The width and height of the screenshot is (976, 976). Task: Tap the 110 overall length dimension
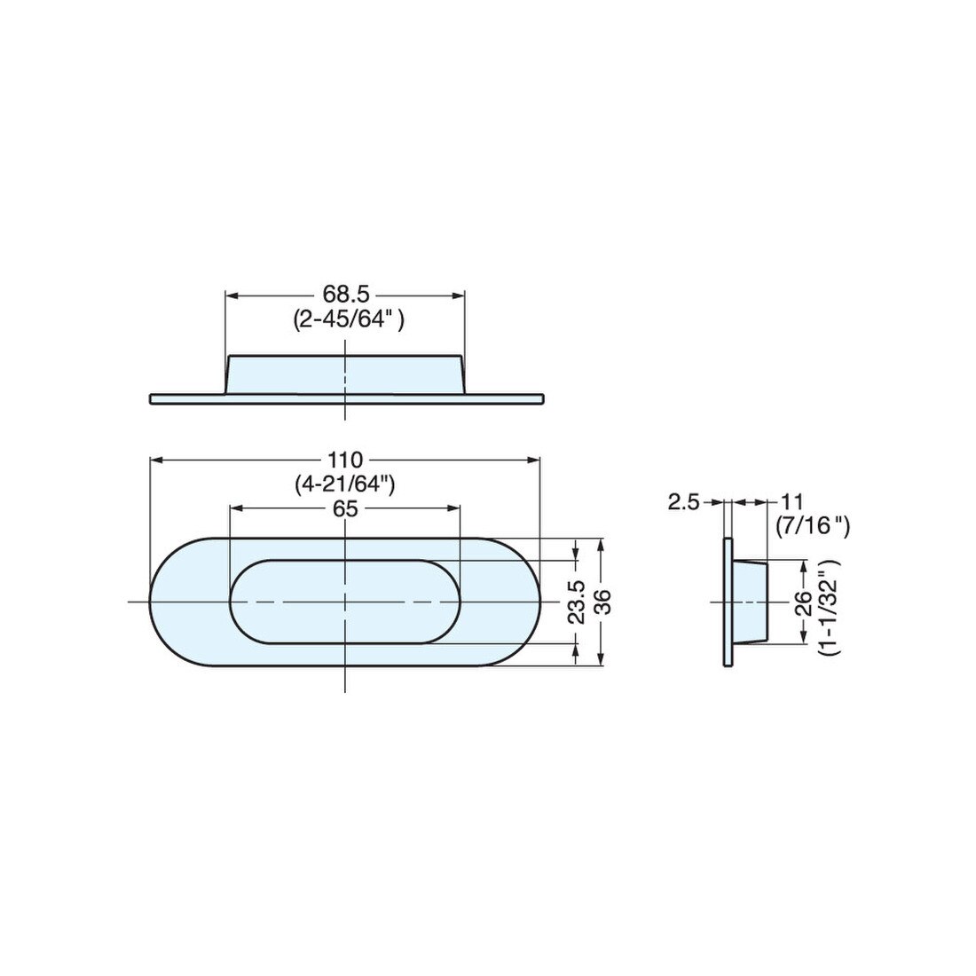click(345, 460)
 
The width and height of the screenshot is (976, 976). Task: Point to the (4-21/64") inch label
click(345, 484)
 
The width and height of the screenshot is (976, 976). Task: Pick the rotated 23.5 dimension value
click(577, 602)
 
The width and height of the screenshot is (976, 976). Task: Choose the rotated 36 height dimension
click(604, 602)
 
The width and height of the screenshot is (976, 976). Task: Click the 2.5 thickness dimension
click(684, 503)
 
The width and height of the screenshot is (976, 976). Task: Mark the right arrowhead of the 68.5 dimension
click(460, 295)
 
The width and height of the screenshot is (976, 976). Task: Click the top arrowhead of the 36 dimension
click(603, 543)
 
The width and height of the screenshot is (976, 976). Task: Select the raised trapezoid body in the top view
click(346, 374)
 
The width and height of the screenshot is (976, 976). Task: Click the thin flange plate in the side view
click(728, 603)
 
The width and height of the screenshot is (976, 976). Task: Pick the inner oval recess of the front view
click(346, 602)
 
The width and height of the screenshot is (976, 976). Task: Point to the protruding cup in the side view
click(751, 603)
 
